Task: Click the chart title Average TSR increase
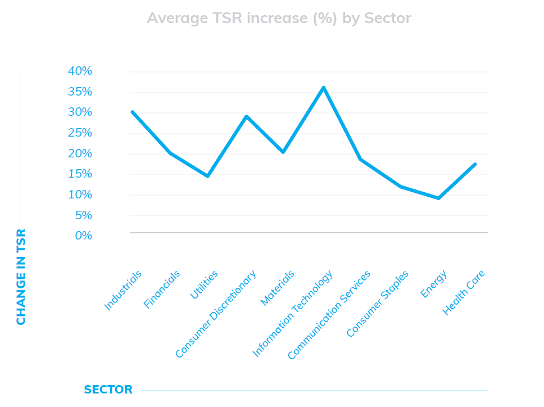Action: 279,18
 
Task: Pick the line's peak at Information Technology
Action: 324,88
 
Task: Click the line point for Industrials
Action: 132,112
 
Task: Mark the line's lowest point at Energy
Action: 439,198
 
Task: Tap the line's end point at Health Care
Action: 475,164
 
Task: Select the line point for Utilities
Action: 208,176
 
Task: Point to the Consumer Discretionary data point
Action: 246,116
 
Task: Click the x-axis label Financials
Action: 162,290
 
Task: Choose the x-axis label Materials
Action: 278,288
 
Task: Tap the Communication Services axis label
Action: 329,315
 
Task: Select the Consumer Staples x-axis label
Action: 377,304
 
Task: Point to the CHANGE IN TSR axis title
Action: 21,277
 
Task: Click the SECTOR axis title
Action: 108,390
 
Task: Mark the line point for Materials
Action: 284,152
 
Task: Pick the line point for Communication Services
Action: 360,160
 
